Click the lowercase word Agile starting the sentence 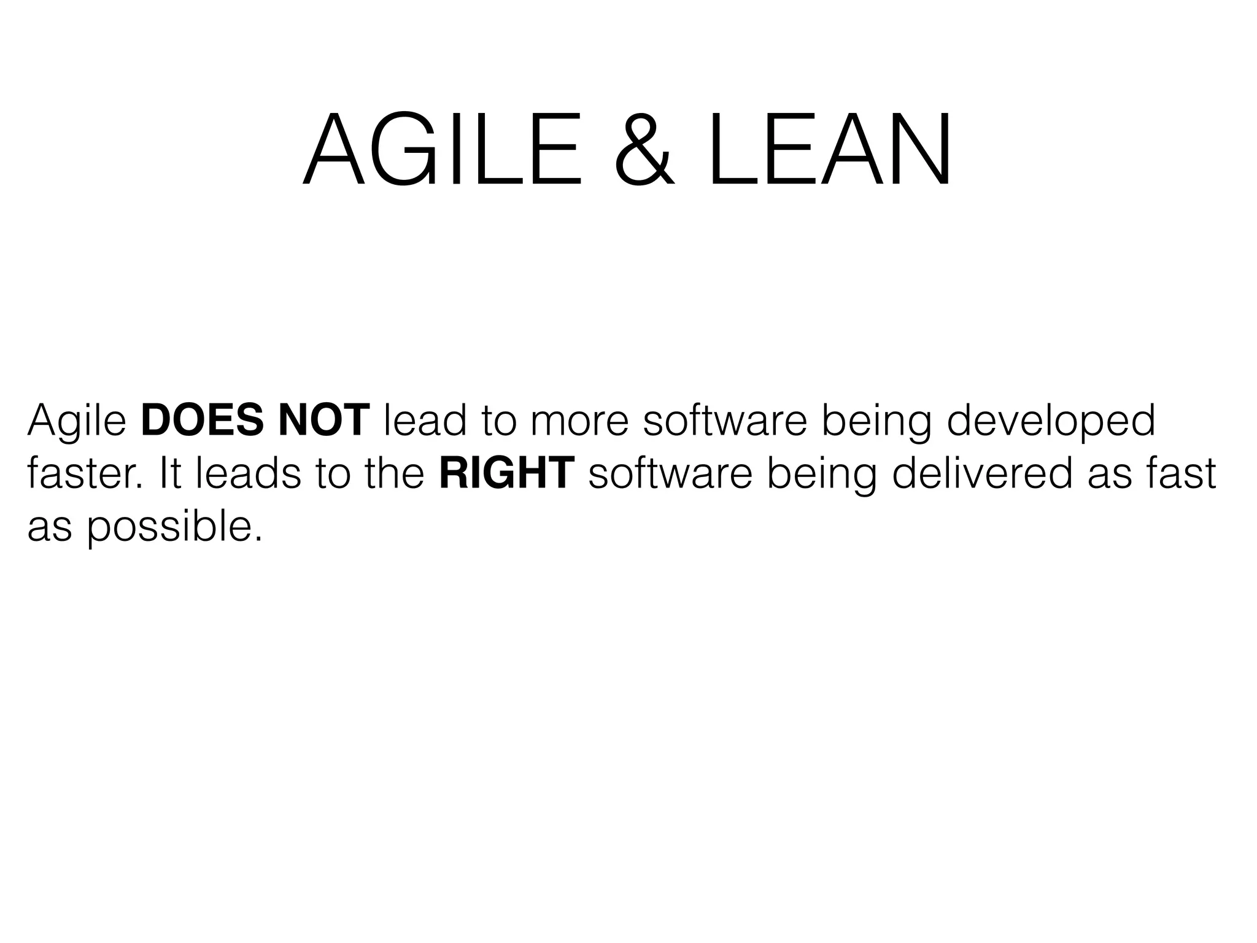click(x=77, y=422)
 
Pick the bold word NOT click(x=323, y=421)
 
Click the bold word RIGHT click(x=507, y=474)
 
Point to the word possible click(x=174, y=528)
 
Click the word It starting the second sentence click(x=170, y=474)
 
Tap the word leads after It click(x=249, y=474)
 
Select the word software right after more click(x=724, y=421)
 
